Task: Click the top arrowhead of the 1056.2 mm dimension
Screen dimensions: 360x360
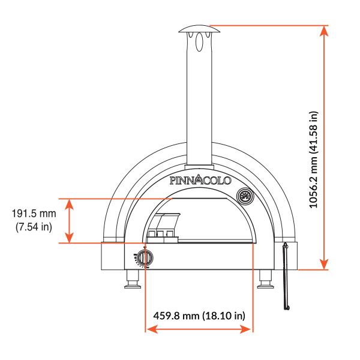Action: tap(325, 31)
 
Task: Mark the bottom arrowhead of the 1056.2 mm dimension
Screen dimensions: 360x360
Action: tap(325, 264)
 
